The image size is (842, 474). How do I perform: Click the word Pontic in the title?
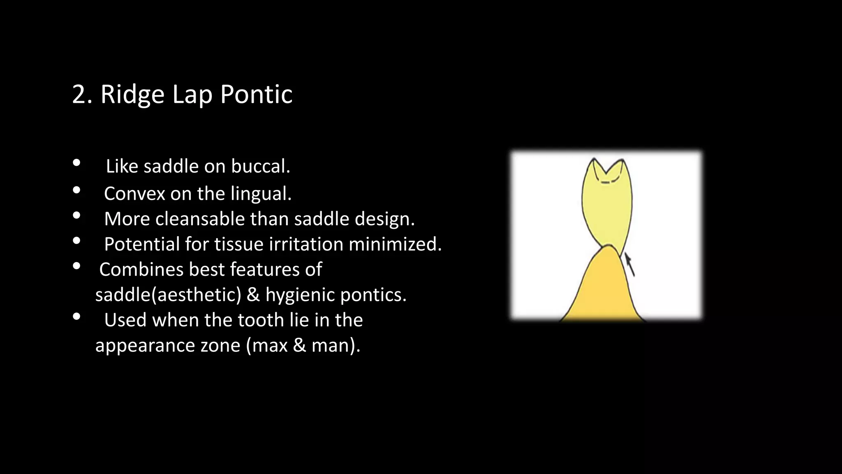[x=256, y=95]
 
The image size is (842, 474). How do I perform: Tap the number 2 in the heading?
[x=79, y=95]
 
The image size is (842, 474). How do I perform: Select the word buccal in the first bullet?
[x=260, y=167]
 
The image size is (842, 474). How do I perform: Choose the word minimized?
[x=395, y=244]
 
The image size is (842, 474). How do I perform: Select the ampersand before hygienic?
[x=253, y=295]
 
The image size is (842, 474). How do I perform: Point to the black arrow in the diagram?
[x=630, y=265]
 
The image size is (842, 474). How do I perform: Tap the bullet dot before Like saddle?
[x=76, y=163]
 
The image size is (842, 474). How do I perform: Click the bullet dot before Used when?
[x=76, y=317]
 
